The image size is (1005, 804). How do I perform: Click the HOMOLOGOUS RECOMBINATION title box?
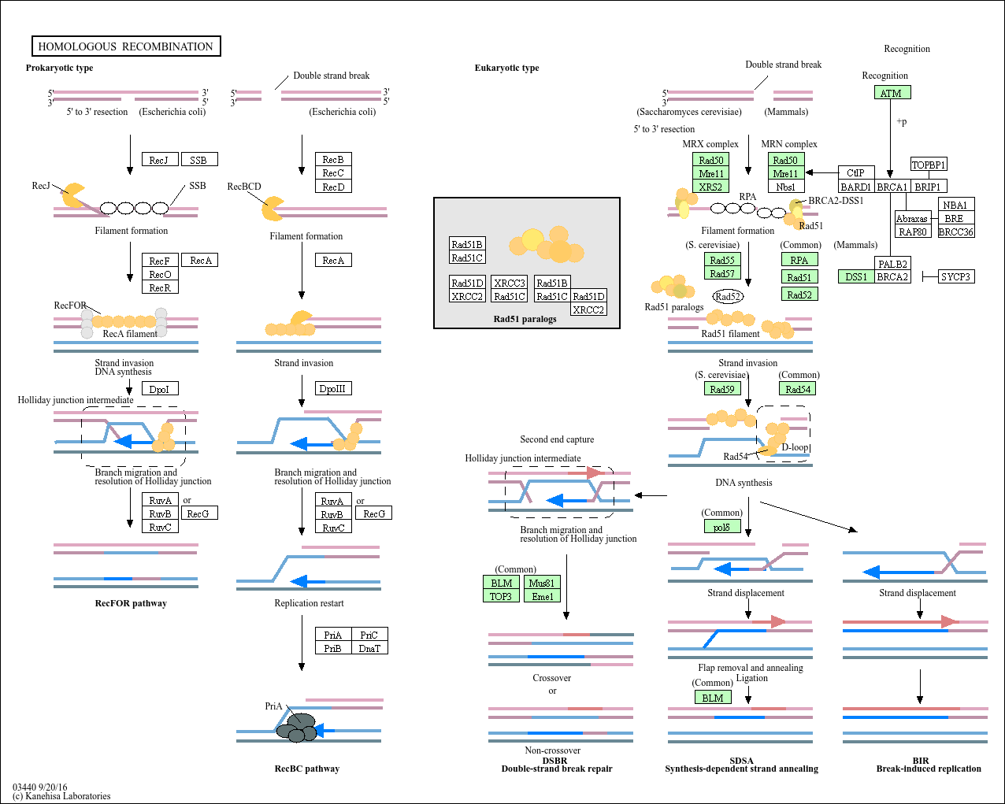pyautogui.click(x=126, y=46)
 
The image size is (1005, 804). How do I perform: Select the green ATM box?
pyautogui.click(x=892, y=93)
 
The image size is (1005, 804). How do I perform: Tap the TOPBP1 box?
pyautogui.click(x=928, y=165)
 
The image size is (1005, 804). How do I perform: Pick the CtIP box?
pyautogui.click(x=855, y=173)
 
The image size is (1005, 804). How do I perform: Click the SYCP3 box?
pyautogui.click(x=955, y=277)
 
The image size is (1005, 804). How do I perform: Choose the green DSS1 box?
pyautogui.click(x=855, y=277)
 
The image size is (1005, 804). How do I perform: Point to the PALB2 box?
pyautogui.click(x=892, y=264)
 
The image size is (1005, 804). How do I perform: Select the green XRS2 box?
pyautogui.click(x=710, y=187)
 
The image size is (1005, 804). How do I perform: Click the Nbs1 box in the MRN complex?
pyautogui.click(x=785, y=187)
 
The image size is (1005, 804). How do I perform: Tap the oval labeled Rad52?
pyautogui.click(x=728, y=297)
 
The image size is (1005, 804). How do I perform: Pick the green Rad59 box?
pyautogui.click(x=722, y=389)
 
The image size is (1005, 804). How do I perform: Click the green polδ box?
pyautogui.click(x=722, y=527)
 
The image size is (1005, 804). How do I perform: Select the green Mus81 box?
pyautogui.click(x=542, y=583)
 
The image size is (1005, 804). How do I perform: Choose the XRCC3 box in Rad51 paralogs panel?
pyautogui.click(x=509, y=283)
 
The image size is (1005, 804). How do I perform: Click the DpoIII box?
pyautogui.click(x=333, y=388)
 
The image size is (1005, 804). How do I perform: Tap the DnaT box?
pyautogui.click(x=369, y=648)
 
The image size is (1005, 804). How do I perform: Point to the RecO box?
pyautogui.click(x=160, y=274)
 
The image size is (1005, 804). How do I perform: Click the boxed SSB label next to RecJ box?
pyautogui.click(x=198, y=160)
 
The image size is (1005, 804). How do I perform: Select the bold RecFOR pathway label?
pyautogui.click(x=131, y=603)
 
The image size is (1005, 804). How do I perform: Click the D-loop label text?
pyautogui.click(x=795, y=447)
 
